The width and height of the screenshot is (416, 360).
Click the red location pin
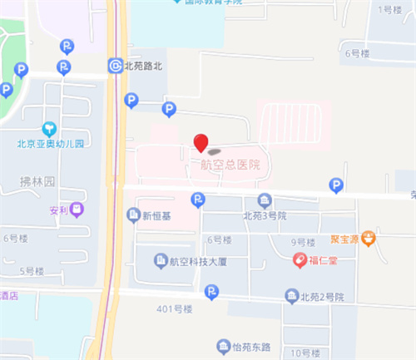coord(201,142)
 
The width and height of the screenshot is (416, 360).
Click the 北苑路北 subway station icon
coord(114,65)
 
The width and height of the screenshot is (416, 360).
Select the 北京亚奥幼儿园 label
coord(51,143)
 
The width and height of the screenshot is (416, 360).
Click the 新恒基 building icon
coord(132,215)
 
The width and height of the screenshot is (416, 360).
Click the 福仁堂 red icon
coord(299,260)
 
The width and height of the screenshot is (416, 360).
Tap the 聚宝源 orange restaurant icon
coord(369,239)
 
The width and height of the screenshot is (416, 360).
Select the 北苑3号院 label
coord(265,215)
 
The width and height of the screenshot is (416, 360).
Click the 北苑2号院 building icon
coord(291,296)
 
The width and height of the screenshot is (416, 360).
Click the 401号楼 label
coord(174,309)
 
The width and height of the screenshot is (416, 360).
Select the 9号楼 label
coord(303,242)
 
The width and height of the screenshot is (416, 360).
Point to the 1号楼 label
coord(389,9)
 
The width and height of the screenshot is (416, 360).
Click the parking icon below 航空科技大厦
coord(212,291)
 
